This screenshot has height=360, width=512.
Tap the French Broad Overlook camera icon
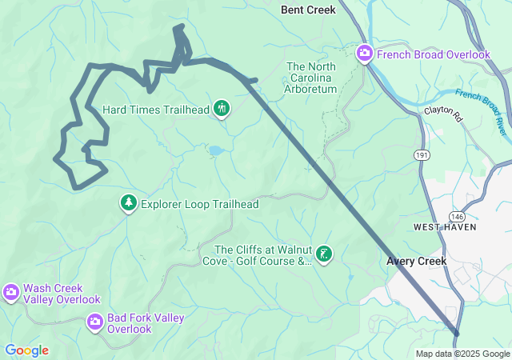[364, 54]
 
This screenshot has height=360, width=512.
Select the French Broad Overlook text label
[432, 54]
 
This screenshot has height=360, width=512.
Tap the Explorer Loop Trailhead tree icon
[128, 204]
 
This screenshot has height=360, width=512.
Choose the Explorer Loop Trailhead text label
[199, 204]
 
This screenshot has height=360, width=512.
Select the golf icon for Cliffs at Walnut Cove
[323, 254]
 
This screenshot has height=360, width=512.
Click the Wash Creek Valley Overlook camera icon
[11, 293]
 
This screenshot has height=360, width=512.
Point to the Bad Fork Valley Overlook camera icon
[95, 322]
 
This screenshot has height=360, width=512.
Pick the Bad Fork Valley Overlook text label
[146, 323]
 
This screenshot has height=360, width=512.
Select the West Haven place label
[445, 227]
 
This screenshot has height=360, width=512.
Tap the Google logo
[26, 350]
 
